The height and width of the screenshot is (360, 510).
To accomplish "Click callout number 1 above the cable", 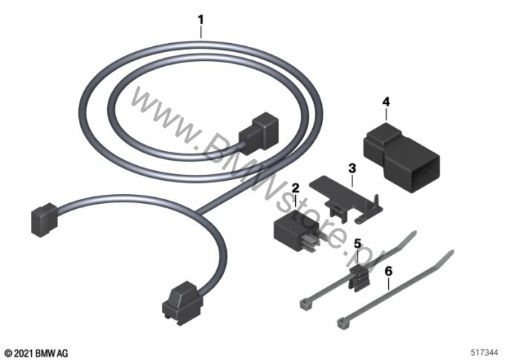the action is point(201,20).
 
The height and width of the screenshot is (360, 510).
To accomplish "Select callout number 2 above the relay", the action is point(295,188).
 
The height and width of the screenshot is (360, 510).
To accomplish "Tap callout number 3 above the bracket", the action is point(352,169).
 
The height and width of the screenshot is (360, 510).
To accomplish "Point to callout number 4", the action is point(386,102).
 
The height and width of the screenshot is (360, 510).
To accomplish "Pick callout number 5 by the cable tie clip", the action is point(358,243).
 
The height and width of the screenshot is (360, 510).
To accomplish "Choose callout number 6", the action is point(388,271).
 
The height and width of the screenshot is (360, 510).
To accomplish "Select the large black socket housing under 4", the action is point(401,157).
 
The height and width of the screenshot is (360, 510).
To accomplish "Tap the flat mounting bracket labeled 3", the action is point(346,199).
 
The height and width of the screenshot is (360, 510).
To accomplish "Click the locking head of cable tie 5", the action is point(305,304).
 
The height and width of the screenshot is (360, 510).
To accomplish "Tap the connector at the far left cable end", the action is point(45,219).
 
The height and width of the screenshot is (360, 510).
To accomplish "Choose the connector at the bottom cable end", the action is point(182,303).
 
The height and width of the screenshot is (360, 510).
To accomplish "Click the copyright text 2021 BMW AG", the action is point(36,353).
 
